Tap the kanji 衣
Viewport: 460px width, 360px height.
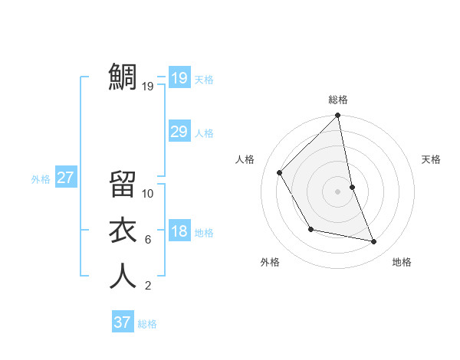[123, 231]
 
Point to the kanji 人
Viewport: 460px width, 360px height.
[123, 277]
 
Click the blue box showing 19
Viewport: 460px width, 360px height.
[179, 77]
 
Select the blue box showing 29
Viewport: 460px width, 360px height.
[179, 132]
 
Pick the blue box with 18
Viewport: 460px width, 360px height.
[179, 231]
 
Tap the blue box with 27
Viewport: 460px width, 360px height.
[65, 178]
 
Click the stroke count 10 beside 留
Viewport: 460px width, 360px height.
[148, 194]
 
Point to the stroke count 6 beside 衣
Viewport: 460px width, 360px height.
[147, 240]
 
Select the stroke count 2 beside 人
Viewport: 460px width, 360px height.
[147, 286]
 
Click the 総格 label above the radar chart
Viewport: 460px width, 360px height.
[338, 100]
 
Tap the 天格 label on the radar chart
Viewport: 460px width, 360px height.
[432, 159]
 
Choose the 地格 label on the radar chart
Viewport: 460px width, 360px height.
[402, 262]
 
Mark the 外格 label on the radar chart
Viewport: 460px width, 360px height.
[270, 262]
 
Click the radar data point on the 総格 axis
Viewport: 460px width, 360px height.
[338, 116]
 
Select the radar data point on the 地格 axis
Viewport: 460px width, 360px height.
[374, 242]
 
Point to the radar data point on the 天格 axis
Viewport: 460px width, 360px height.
[353, 187]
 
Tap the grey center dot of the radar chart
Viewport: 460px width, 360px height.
[338, 191]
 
